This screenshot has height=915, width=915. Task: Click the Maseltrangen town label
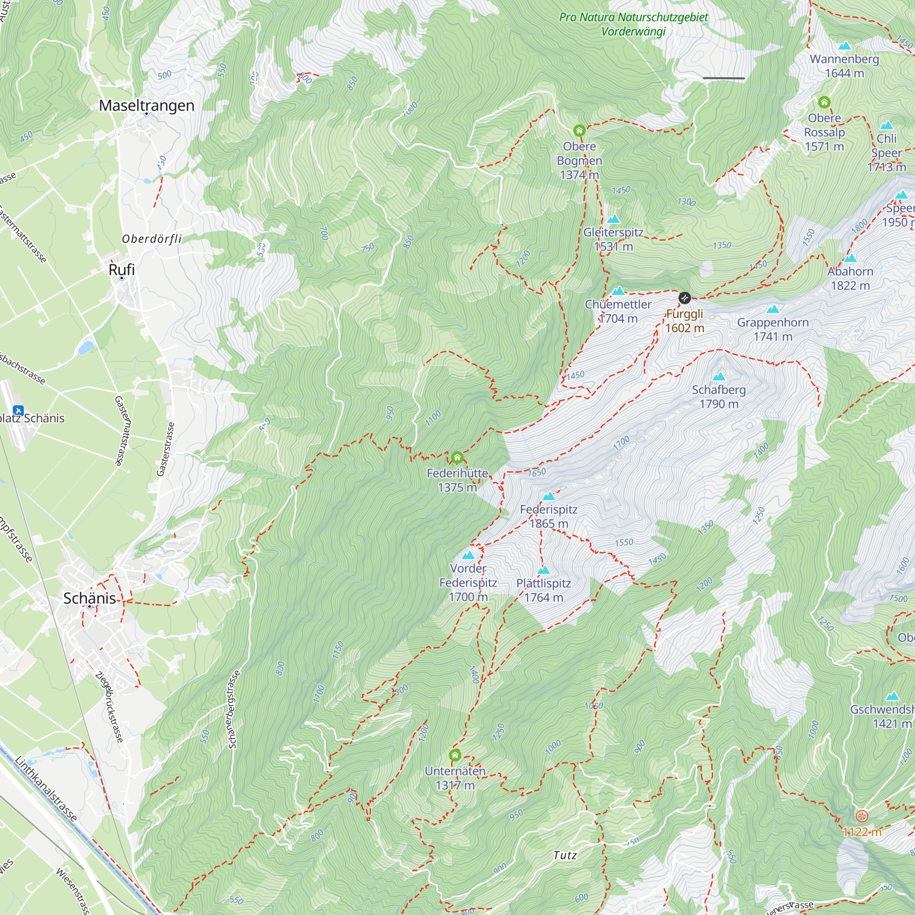coord(146,105)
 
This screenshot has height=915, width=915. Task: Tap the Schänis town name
coord(90,598)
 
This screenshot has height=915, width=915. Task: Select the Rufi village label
coord(122,269)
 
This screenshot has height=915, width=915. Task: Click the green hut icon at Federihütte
coord(457,457)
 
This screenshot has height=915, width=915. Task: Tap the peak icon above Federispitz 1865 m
coord(549,496)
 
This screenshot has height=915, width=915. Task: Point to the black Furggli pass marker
coord(684,298)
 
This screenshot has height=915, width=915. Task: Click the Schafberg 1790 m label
coord(718,397)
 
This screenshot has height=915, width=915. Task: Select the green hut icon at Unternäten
coord(455,755)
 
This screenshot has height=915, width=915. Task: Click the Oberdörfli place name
coord(152,239)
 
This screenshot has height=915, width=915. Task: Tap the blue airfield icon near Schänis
coord(18,410)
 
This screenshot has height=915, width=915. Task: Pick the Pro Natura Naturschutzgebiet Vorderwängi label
coord(633,24)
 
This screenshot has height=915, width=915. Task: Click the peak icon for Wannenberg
coord(845,46)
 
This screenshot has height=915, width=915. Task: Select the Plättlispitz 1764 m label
coord(544,590)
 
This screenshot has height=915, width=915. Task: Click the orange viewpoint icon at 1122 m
coord(862,816)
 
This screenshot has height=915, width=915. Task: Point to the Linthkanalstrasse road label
coord(46,789)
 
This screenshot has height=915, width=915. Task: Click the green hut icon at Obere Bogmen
coord(579,130)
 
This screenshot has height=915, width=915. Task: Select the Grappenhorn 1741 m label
coord(772,329)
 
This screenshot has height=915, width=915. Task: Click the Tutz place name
coord(565,855)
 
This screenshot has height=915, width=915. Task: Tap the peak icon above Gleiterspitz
coord(614,219)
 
